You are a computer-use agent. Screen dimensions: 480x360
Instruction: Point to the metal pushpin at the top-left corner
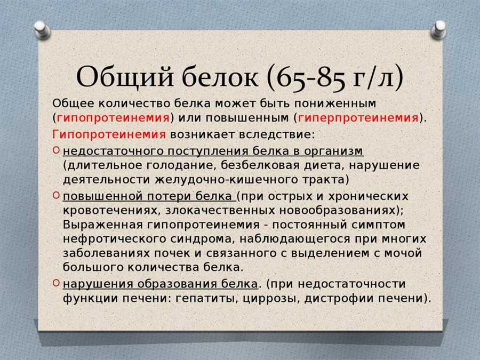42,30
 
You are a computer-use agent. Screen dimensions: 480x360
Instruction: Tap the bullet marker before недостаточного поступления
56,150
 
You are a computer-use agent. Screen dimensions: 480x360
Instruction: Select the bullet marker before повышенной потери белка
56,195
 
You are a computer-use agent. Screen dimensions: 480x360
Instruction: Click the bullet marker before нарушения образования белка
56,283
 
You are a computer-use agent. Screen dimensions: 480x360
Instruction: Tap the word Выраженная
103,225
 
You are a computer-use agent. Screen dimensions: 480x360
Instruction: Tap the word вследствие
277,134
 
